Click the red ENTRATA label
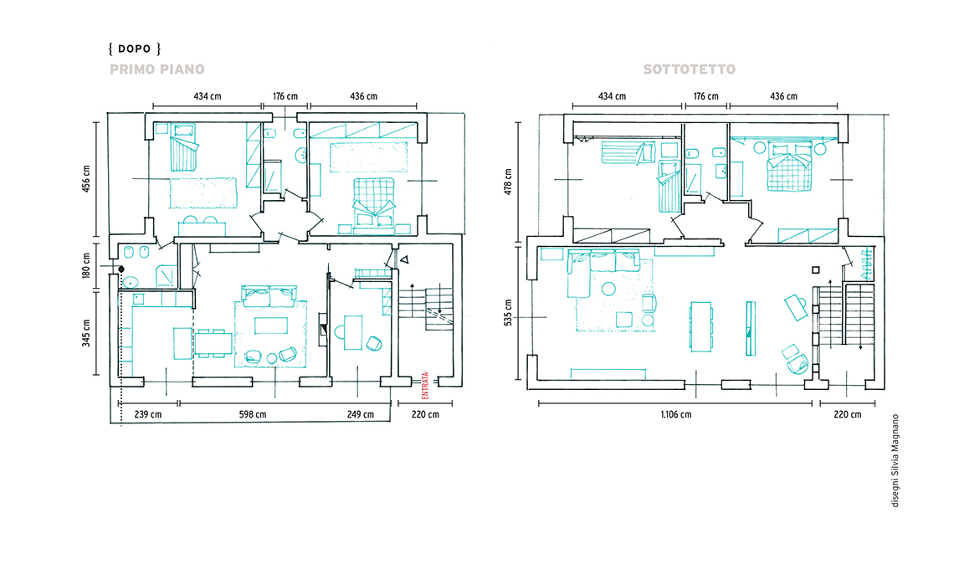[425, 385]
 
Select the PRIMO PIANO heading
[157, 69]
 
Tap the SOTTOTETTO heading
[690, 69]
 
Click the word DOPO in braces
[135, 49]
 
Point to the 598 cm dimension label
[253, 414]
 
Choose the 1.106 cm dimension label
[676, 414]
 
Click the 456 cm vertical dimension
[86, 179]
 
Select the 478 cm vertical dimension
[508, 182]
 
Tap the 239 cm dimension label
[148, 414]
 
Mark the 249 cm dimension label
[361, 414]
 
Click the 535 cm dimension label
[508, 312]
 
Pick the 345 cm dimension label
[86, 333]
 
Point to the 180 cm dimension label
[86, 267]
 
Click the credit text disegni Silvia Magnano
[895, 461]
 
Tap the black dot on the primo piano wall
[121, 269]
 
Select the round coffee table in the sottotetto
[608, 289]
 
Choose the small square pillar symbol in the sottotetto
[816, 270]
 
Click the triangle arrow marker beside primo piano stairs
[404, 260]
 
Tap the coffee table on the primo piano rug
[271, 326]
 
